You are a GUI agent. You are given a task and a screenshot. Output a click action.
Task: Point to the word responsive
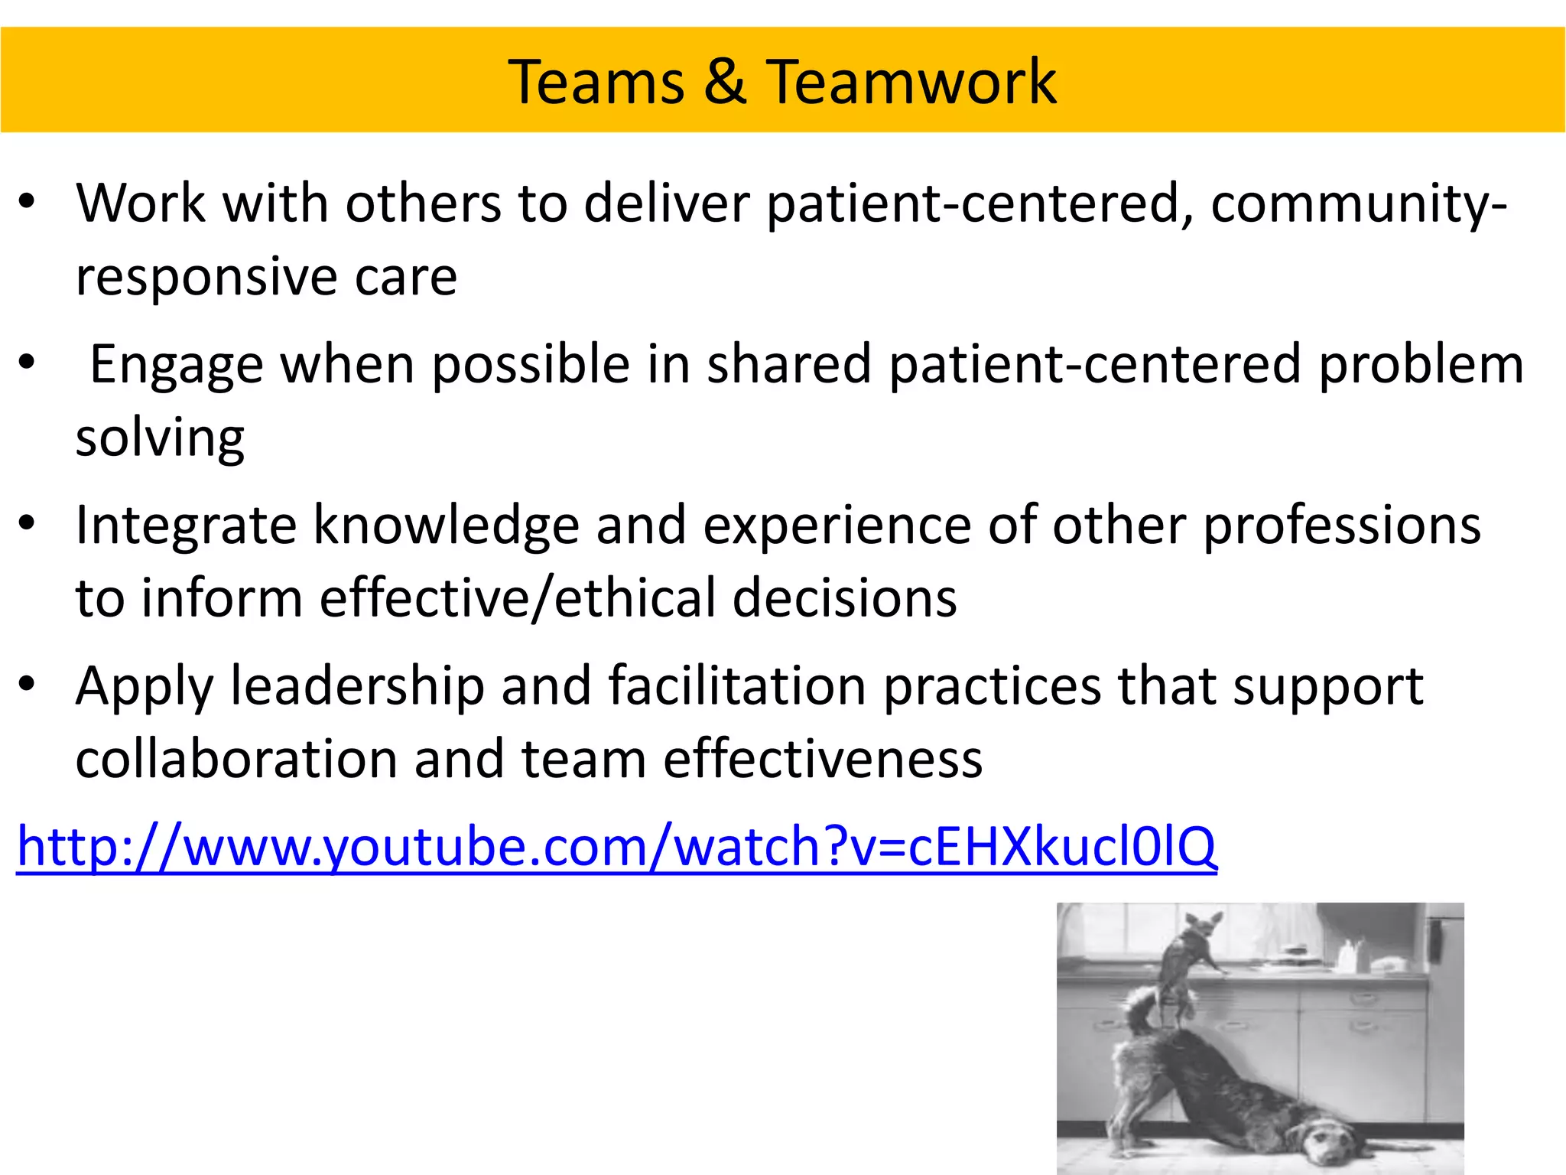[x=206, y=276]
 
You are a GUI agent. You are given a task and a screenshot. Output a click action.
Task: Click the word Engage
[x=177, y=365]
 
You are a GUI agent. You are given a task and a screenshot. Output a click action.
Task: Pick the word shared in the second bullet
[x=789, y=364]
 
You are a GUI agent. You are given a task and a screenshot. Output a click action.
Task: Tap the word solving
[x=160, y=438]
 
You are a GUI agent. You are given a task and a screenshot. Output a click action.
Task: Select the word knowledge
[x=447, y=526]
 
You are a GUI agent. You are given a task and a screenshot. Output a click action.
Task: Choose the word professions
[x=1342, y=526]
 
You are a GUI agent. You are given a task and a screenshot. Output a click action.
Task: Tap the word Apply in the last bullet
[x=145, y=687]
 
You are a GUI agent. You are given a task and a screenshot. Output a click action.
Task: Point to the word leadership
[x=357, y=685]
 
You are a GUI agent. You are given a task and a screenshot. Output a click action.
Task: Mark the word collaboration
[x=236, y=759]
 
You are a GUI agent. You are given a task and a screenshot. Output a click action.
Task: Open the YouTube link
[x=616, y=846]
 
